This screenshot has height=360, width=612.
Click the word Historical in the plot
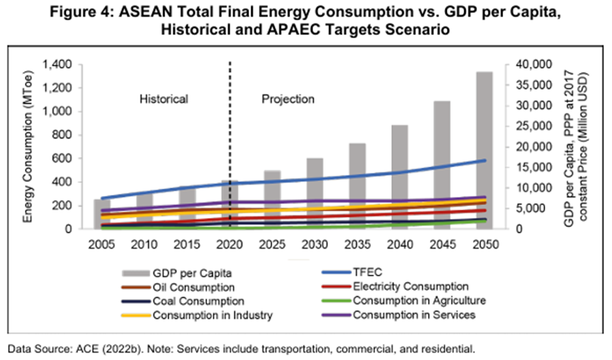[164, 99]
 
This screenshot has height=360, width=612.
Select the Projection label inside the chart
[288, 99]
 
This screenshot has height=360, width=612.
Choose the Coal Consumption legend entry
[199, 301]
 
